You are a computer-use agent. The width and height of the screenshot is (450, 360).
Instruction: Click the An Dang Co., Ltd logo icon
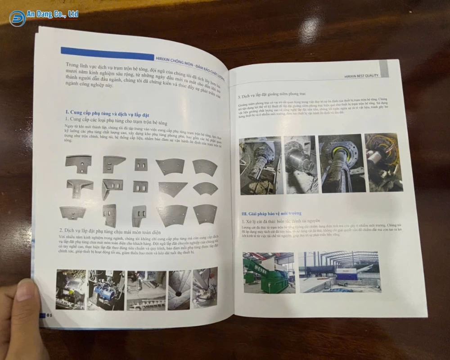tap(18, 18)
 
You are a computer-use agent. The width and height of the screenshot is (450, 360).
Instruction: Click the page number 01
tap(50, 315)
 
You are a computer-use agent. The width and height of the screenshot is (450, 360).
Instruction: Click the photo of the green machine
tap(269, 272)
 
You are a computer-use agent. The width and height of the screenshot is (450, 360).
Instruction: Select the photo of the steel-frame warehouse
tap(339, 271)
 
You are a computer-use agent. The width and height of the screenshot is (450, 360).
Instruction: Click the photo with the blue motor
tap(106, 290)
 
